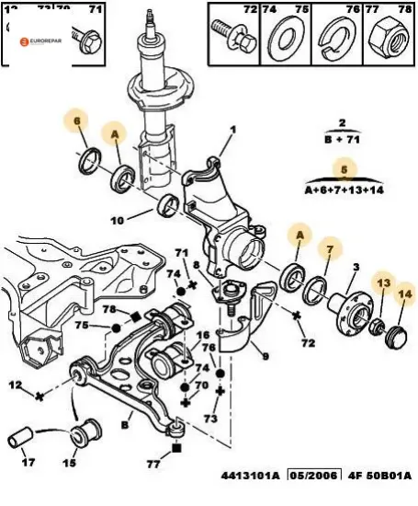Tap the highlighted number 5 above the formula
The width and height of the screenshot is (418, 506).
tap(344, 168)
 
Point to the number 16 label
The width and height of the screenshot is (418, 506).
tap(203, 336)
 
